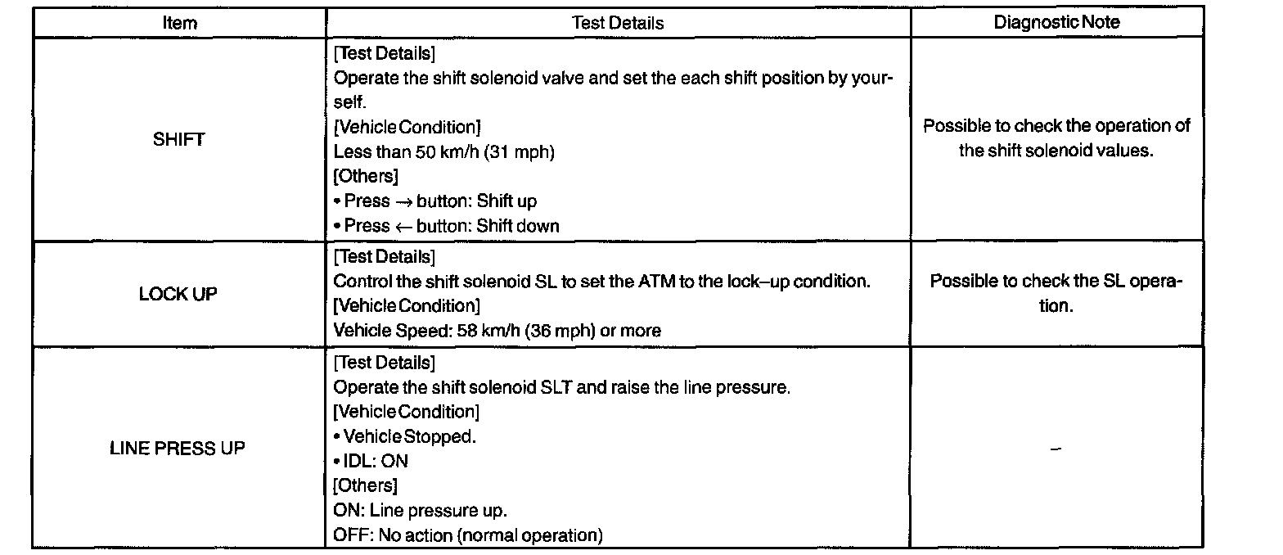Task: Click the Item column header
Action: (179, 23)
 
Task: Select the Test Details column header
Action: (618, 23)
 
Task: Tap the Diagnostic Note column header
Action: (1056, 23)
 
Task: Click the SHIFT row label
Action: (178, 139)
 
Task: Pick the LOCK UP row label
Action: (178, 294)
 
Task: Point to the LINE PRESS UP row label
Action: (178, 449)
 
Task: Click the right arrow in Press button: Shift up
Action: (403, 201)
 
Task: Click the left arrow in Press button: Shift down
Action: (403, 226)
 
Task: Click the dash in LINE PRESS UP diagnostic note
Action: (1056, 449)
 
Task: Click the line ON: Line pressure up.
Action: (421, 511)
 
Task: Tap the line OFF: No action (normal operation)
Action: (468, 536)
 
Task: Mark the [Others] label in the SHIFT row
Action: (366, 177)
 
